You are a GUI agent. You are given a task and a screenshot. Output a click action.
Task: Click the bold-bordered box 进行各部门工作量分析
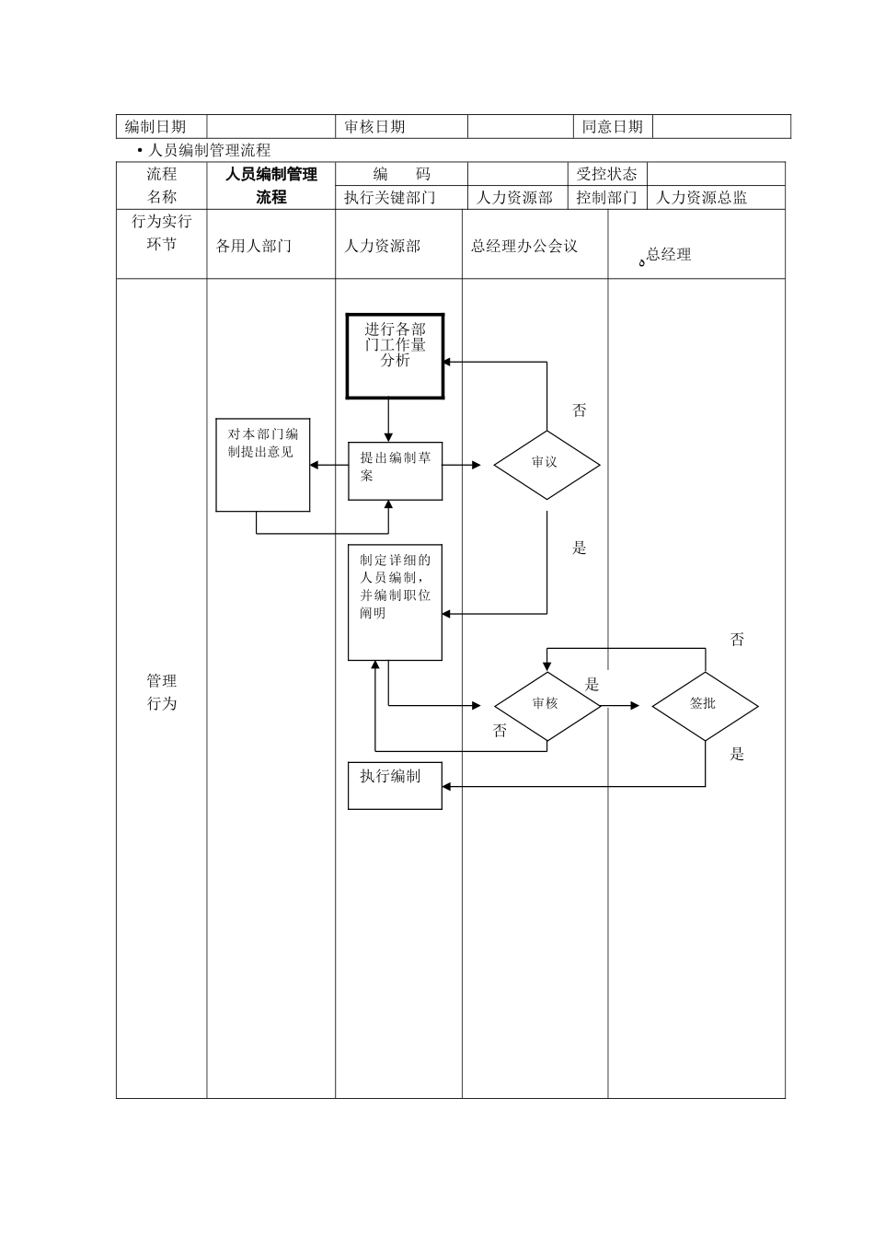(395, 356)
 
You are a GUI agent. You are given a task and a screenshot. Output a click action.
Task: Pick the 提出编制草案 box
(395, 471)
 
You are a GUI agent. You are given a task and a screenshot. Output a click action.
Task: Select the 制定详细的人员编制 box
(395, 602)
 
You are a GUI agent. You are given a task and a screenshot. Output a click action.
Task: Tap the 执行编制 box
(395, 785)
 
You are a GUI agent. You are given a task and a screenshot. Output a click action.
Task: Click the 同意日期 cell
(612, 127)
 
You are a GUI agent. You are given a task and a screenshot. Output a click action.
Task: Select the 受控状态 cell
(606, 174)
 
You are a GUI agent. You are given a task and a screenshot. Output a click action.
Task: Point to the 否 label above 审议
(579, 410)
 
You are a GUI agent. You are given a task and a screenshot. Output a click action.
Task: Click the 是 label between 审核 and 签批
(592, 684)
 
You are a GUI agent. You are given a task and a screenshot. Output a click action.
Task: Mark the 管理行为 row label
(162, 691)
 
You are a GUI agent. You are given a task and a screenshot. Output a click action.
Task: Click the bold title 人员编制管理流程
(271, 185)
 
